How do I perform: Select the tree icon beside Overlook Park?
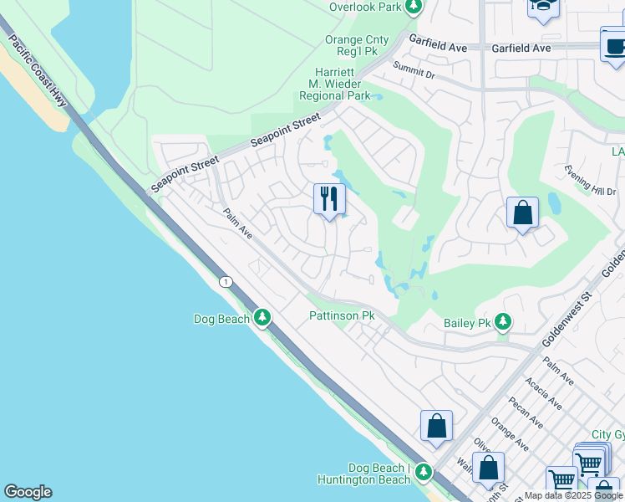click(x=412, y=8)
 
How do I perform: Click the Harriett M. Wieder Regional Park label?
click(x=334, y=85)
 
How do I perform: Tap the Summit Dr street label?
click(x=414, y=70)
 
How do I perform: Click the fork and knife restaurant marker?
click(x=329, y=199)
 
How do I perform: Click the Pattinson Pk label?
click(x=343, y=315)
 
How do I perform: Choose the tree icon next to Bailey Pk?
click(x=502, y=321)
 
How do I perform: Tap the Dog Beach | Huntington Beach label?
click(x=365, y=474)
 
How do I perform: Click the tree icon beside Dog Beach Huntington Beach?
click(x=424, y=473)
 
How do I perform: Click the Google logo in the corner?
click(x=28, y=492)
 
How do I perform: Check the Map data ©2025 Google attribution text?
click(x=573, y=495)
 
